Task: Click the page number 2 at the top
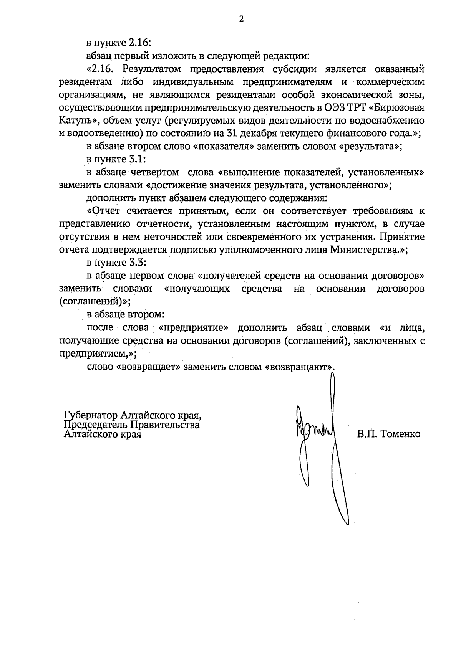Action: coord(241,20)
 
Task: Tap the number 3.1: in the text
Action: coord(133,159)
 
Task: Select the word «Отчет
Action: coord(104,211)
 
